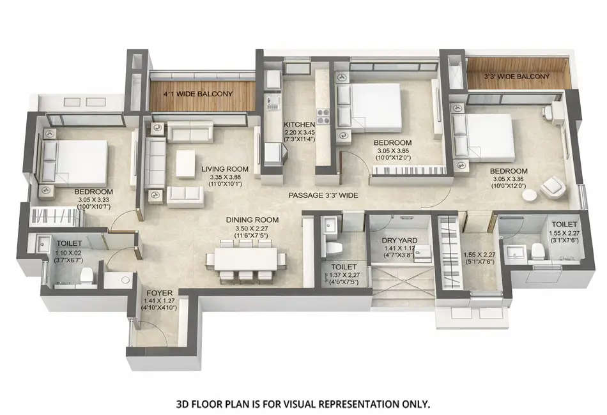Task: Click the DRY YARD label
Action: click(399, 241)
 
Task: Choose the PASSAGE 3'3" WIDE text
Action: click(323, 195)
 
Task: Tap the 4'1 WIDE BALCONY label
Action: click(197, 94)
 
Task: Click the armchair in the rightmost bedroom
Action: click(553, 186)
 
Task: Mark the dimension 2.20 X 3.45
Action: click(299, 133)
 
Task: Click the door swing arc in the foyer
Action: click(151, 332)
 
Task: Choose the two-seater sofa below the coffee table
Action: click(185, 197)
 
